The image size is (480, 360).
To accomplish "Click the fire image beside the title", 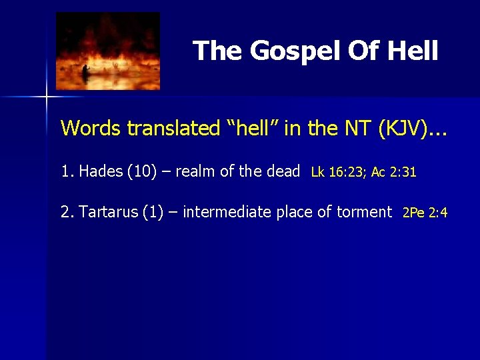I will point(108,51).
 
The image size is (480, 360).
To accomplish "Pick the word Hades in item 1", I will point(101,171).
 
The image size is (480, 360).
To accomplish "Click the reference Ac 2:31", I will point(394,172).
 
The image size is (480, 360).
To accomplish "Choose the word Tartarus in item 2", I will point(109,212).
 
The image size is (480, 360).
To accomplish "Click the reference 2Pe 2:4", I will point(425,213).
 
